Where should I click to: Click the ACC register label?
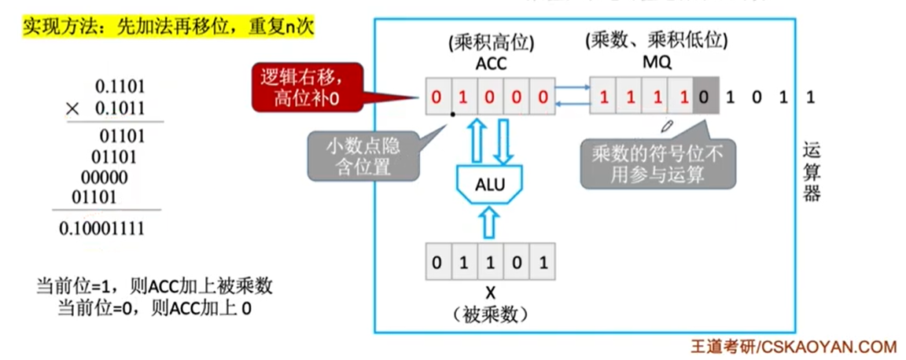tap(489, 64)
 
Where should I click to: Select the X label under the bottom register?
tap(490, 293)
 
